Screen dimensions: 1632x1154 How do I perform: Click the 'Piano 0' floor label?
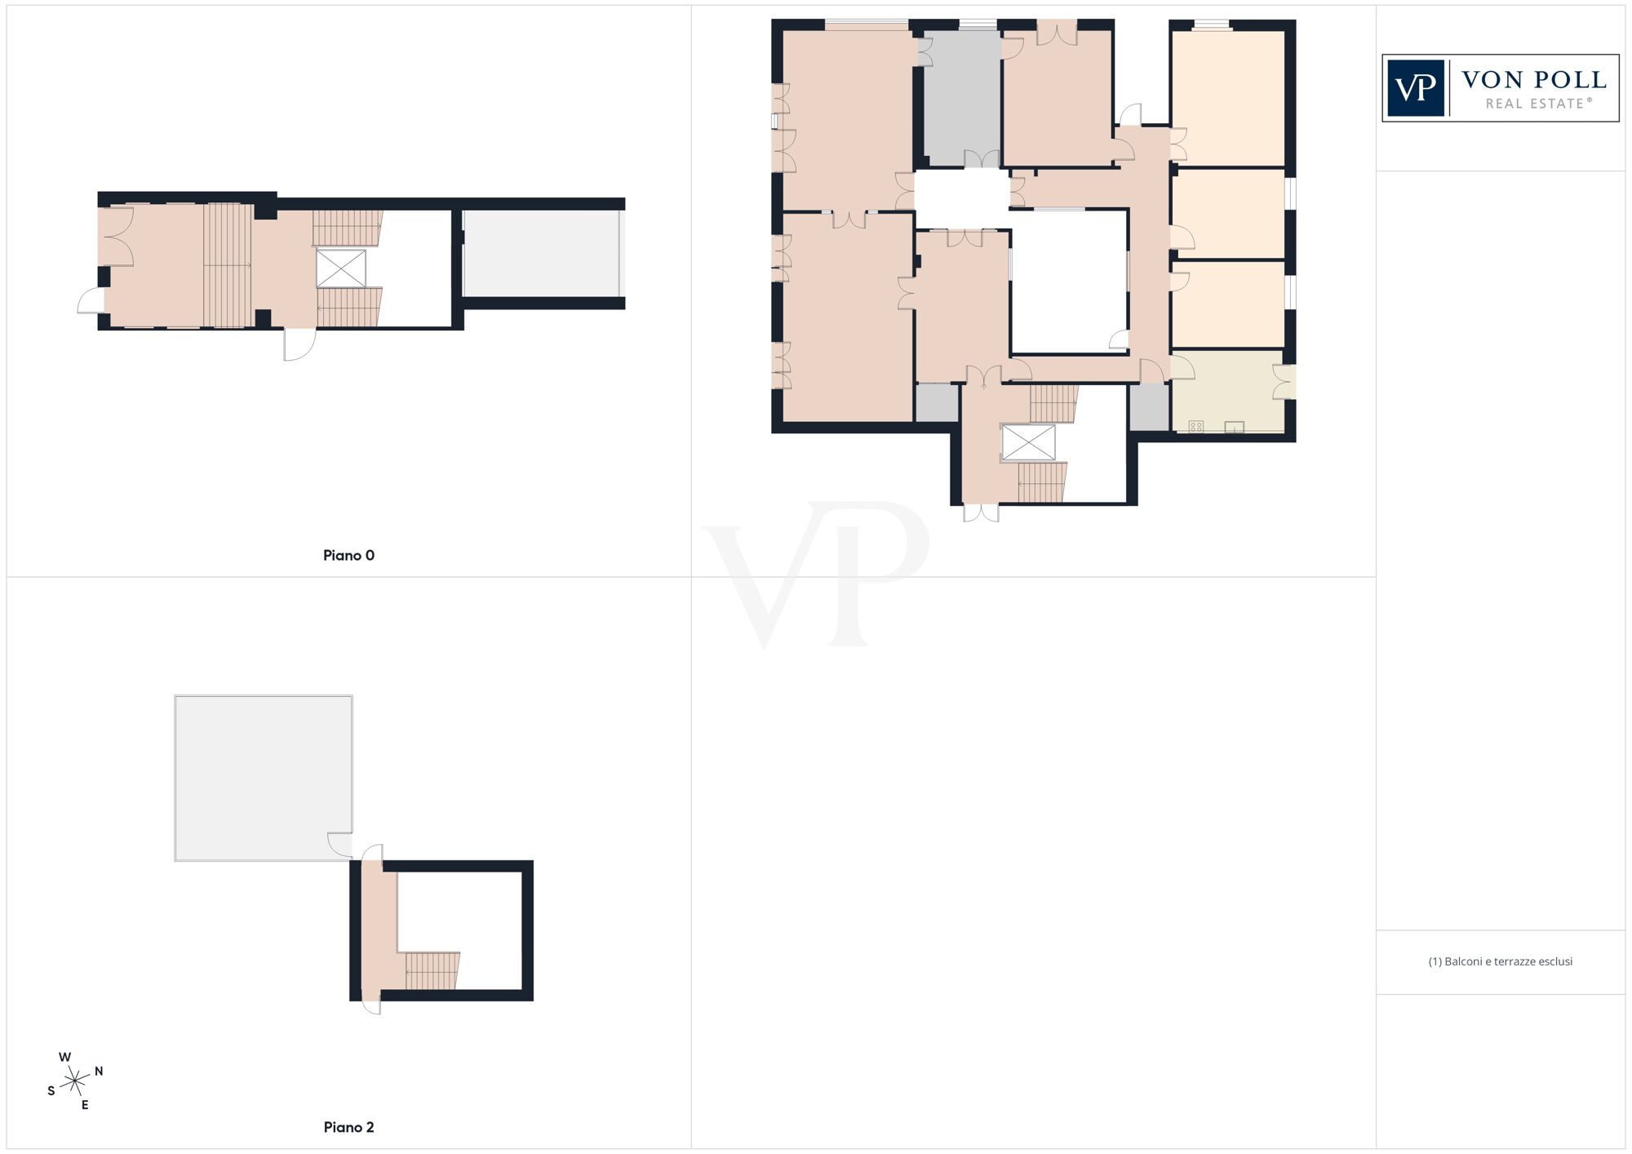pos(348,556)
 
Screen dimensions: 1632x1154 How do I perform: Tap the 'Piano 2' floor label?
pos(348,1127)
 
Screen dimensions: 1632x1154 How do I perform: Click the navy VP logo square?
pos(1416,88)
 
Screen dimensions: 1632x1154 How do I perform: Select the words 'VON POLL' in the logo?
pos(1534,80)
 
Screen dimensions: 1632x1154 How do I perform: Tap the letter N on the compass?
pos(99,1071)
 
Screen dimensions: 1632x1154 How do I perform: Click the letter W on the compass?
pos(64,1057)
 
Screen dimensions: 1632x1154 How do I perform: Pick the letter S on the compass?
pos(51,1091)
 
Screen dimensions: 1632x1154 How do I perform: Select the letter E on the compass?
pos(85,1105)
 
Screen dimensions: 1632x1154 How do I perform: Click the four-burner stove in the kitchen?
pos(1195,426)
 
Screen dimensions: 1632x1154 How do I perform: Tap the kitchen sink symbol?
pos(1234,426)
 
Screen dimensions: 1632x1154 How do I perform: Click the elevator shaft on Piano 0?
pos(341,269)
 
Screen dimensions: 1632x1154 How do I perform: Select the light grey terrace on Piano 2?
pos(263,778)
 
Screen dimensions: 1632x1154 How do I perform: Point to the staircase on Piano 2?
pos(432,970)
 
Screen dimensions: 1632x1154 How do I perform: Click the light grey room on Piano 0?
pos(540,254)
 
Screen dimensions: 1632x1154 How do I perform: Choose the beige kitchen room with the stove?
pos(1227,392)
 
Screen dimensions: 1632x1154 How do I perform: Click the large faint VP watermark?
pos(816,575)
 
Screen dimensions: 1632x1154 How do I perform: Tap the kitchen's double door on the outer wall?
pos(1284,382)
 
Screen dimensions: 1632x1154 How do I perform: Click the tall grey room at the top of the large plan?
pos(962,98)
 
